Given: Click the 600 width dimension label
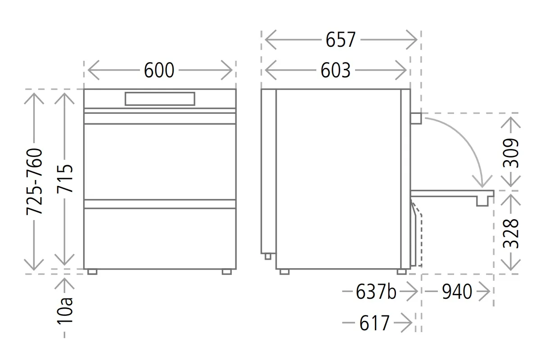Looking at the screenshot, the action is [159, 70].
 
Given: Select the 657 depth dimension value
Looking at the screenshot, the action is [340, 40].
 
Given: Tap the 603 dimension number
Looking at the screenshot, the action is [335, 70].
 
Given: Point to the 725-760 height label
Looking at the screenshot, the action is [34, 181].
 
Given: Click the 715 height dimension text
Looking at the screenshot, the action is [65, 179].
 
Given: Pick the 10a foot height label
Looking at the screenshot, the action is [65, 311].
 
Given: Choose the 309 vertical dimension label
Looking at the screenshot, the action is [511, 153].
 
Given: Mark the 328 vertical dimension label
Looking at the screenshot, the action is [511, 233].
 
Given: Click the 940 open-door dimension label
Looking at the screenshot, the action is [457, 292].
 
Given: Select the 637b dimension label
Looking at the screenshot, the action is [376, 292].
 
